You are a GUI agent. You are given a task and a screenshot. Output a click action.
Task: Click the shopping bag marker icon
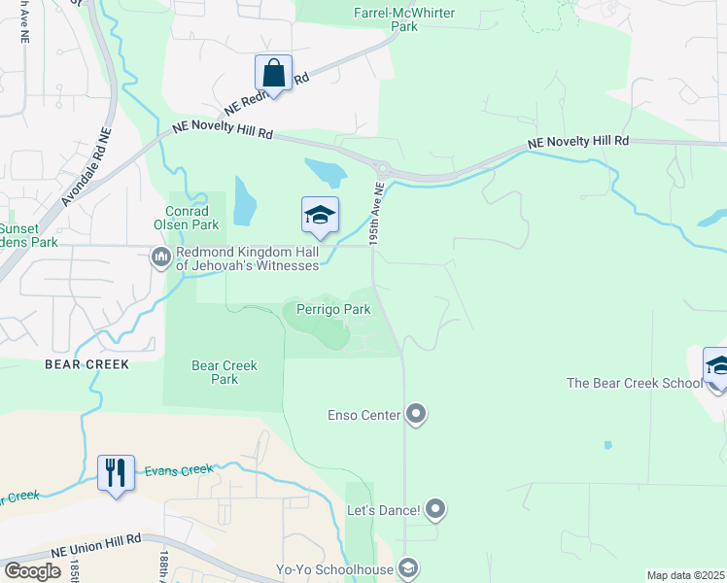[x=273, y=74]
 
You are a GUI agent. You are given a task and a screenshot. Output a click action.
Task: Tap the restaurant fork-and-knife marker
[x=116, y=473]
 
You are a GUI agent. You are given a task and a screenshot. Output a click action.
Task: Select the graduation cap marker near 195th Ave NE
[x=319, y=216]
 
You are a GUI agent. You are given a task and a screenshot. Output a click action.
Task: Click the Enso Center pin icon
[x=416, y=415]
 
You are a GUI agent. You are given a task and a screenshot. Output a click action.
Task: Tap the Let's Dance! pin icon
[x=434, y=509]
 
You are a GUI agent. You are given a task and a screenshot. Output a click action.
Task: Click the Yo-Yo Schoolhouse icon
[x=409, y=568]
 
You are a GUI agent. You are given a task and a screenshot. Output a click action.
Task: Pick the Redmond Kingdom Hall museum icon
[x=160, y=257]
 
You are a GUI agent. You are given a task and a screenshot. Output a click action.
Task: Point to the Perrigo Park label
[x=328, y=310]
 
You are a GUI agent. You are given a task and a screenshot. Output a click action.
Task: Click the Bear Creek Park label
[x=225, y=372]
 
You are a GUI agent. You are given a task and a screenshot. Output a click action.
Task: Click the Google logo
[x=33, y=571]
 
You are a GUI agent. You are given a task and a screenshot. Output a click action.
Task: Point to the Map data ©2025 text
[x=685, y=575]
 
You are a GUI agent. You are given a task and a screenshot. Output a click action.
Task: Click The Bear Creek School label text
[x=634, y=383]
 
